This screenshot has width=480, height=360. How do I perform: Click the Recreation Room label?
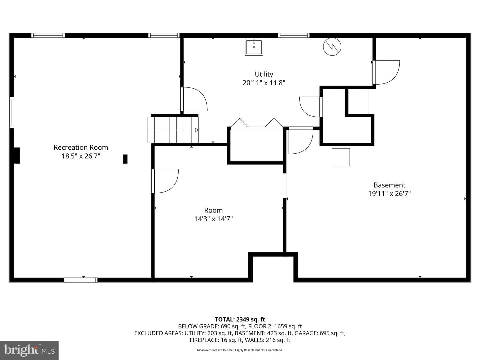(81, 147)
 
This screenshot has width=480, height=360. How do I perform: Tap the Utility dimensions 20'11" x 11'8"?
(264, 83)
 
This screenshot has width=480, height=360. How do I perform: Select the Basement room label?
(389, 185)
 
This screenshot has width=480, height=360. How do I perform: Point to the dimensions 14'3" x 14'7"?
(213, 219)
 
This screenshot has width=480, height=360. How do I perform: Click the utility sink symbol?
(254, 47)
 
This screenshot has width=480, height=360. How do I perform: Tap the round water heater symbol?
(332, 47)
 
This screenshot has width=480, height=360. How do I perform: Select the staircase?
(173, 130)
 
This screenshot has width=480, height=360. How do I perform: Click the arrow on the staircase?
(197, 130)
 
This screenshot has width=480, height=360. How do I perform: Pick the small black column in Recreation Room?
(125, 159)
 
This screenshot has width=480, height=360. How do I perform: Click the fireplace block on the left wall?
(17, 155)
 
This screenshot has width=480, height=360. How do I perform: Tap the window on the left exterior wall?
(12, 112)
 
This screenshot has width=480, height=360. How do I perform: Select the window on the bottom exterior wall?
(81, 280)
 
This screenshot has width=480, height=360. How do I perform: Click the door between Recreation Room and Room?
(165, 181)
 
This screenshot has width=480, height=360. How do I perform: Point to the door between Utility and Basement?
(386, 72)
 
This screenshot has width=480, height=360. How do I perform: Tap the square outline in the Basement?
(341, 157)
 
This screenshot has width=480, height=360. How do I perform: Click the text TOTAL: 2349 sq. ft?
(240, 319)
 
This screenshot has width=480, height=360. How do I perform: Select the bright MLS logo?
(29, 350)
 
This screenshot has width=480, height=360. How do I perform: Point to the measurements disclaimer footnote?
(240, 350)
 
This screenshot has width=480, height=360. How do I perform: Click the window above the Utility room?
(294, 35)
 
